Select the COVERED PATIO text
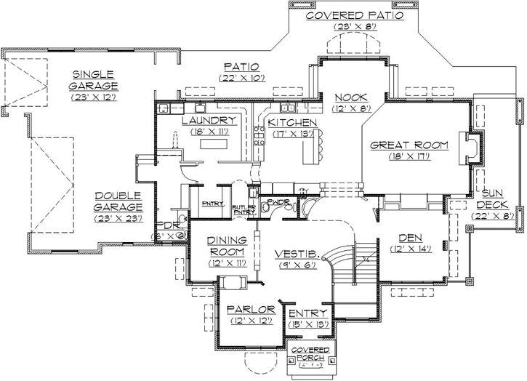click(353, 15)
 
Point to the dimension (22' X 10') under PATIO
click(237, 77)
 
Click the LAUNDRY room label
click(207, 121)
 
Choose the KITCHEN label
click(292, 122)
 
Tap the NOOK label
click(350, 98)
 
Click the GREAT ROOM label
click(409, 145)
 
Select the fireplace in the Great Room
click(471, 150)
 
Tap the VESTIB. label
click(293, 254)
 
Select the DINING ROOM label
click(228, 245)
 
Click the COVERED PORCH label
click(310, 354)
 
